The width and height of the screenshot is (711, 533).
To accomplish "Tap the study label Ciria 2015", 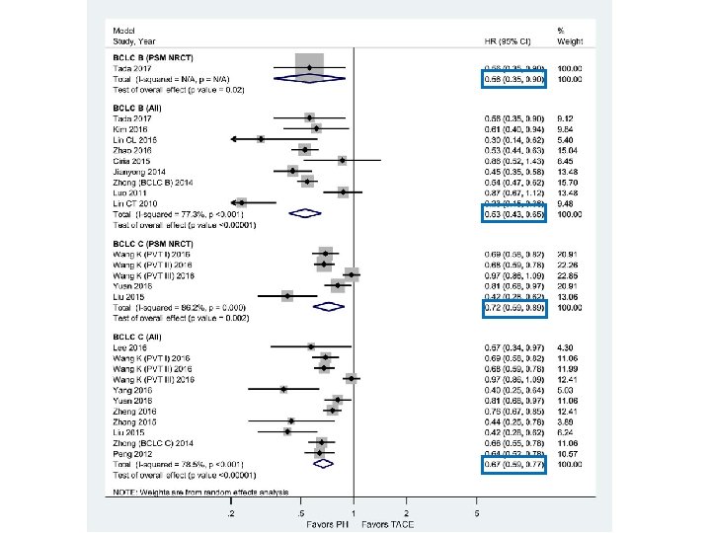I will click(128, 160).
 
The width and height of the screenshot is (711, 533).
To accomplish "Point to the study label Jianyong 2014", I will click(134, 171).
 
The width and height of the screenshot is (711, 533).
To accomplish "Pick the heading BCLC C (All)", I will click(128, 337).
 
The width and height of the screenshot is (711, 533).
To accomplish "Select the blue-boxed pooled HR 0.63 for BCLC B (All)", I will click(514, 213).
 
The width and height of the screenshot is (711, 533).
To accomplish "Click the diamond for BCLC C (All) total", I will click(325, 464).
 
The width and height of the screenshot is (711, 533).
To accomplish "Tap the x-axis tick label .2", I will click(231, 513).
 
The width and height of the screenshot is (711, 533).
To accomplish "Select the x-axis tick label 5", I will click(477, 513).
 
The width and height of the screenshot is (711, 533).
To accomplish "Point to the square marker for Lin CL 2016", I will click(261, 139).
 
